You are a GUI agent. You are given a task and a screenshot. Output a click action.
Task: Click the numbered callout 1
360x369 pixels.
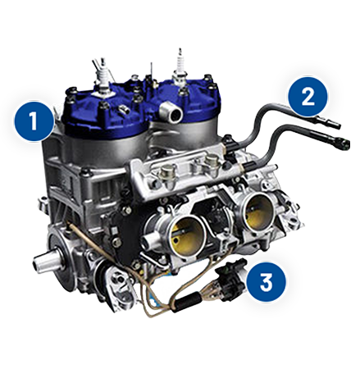pos(34,121)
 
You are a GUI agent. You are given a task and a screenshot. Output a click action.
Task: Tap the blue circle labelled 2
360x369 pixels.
pos(308,96)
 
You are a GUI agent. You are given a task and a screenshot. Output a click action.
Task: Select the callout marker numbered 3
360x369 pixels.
pos(266,282)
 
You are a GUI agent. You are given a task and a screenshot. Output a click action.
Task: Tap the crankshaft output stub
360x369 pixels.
pos(43,261)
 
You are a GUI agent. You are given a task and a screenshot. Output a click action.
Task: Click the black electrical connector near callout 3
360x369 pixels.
pos(230,280)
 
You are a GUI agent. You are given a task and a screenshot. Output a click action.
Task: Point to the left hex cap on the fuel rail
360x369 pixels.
pos(166,171)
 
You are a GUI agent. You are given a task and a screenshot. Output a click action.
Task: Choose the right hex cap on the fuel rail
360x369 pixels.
pos(211,161)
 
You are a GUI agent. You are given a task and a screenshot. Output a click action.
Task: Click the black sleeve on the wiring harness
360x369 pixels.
pos(187,301)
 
